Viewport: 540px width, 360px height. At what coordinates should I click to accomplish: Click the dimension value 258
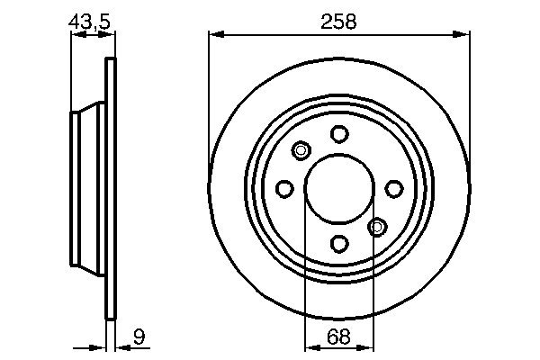(x=338, y=21)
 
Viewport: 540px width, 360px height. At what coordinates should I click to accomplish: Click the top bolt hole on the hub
(x=338, y=134)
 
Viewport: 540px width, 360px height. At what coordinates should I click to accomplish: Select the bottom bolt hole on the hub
(x=338, y=242)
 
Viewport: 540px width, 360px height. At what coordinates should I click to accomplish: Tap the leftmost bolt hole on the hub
(x=284, y=188)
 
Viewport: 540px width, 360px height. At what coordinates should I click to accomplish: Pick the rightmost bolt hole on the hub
(x=393, y=188)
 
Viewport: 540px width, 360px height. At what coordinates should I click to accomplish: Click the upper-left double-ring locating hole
(x=301, y=150)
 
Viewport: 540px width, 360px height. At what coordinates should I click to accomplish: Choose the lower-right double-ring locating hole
(x=377, y=226)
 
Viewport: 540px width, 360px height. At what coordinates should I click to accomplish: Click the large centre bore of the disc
(x=338, y=188)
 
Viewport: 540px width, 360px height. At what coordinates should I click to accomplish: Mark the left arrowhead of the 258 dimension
(x=214, y=35)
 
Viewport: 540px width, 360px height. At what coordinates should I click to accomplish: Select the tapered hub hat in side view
(x=87, y=188)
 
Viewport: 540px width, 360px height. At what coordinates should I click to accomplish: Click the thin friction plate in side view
(x=112, y=188)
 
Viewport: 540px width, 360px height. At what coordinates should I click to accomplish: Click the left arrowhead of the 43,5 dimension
(x=76, y=35)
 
